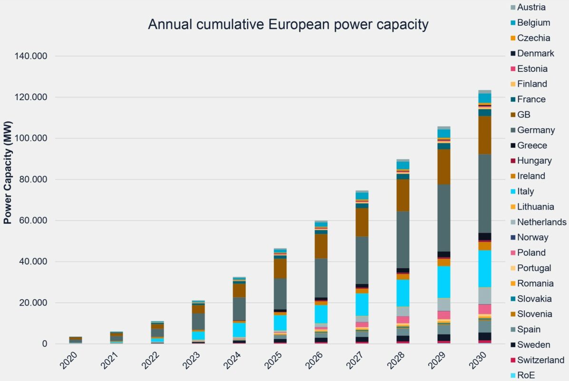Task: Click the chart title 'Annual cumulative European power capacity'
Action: (288, 24)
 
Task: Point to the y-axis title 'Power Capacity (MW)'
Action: (8, 172)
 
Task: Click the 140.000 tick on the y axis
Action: (29, 56)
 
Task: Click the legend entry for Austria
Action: (531, 7)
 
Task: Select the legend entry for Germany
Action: (536, 130)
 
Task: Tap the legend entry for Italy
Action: (525, 191)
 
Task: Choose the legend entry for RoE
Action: (526, 375)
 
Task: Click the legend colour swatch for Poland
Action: (512, 253)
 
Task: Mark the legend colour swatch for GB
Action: (512, 115)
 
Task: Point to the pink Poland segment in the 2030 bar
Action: (485, 309)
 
